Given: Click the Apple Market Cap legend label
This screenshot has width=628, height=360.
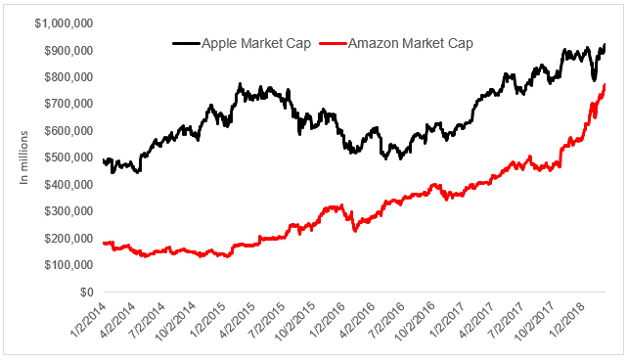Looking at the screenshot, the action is pyautogui.click(x=256, y=43).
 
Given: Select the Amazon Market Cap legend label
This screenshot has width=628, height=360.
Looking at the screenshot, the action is pyautogui.click(x=411, y=43).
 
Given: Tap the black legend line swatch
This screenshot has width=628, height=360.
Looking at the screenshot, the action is pyautogui.click(x=186, y=43).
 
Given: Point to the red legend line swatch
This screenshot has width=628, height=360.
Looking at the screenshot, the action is pyautogui.click(x=334, y=43).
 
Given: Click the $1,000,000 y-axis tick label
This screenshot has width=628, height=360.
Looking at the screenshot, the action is pyautogui.click(x=64, y=23).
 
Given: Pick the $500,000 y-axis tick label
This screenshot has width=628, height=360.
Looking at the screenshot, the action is pyautogui.click(x=68, y=157).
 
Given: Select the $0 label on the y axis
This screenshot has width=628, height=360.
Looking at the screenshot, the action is pyautogui.click(x=86, y=292).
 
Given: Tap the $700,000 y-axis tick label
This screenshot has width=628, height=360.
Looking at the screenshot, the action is pyautogui.click(x=68, y=104).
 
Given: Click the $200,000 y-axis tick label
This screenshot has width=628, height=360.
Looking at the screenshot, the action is pyautogui.click(x=68, y=239).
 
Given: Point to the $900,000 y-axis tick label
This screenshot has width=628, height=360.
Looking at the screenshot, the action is pyautogui.click(x=68, y=51).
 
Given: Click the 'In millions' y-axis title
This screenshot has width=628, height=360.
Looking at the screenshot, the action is pyautogui.click(x=24, y=157).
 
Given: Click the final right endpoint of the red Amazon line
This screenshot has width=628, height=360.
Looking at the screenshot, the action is pyautogui.click(x=605, y=85).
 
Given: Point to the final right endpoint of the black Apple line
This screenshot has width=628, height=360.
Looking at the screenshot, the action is pyautogui.click(x=605, y=44).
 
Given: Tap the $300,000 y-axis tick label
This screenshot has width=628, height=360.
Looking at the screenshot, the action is pyautogui.click(x=68, y=211).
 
